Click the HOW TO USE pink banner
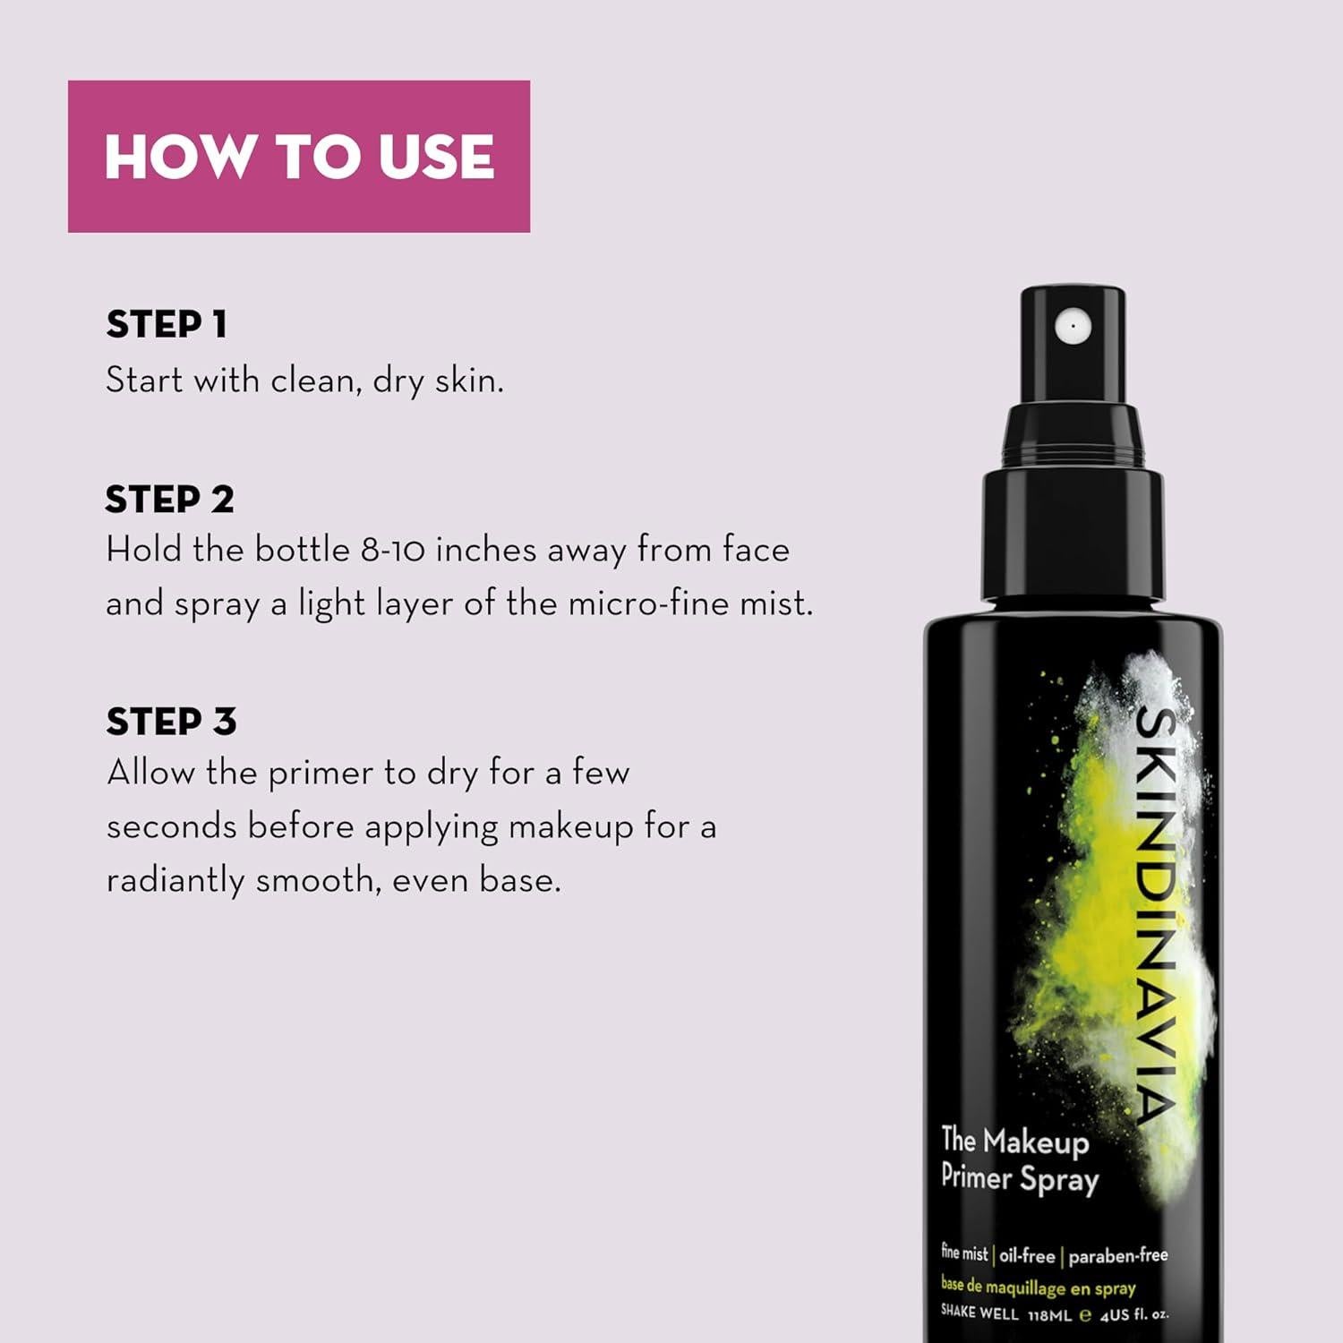click(x=298, y=157)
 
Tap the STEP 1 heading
click(x=167, y=324)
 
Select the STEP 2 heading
click(x=169, y=500)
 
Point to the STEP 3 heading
click(x=171, y=722)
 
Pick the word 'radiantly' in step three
click(x=175, y=881)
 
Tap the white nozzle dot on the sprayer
click(x=1072, y=326)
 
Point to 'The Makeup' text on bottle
click(x=1014, y=1141)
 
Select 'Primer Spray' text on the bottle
click(x=1019, y=1178)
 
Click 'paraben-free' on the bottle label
click(x=1117, y=1256)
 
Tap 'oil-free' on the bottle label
click(x=1027, y=1256)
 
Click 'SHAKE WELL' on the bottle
click(x=979, y=1313)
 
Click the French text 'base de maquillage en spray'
click(x=1038, y=1287)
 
